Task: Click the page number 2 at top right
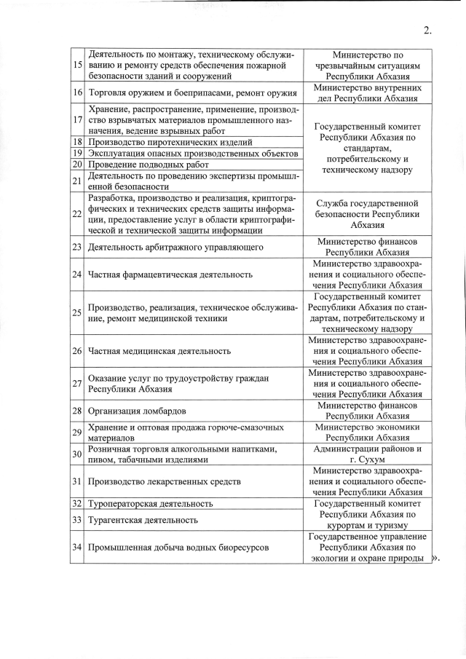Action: pos(427,30)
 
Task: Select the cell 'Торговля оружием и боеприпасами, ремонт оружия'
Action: pos(192,93)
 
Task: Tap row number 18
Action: pos(77,142)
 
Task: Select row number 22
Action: pos(77,214)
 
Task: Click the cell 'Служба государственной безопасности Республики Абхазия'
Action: pos(368,214)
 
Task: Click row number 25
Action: pos(77,312)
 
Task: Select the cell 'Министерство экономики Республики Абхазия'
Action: pos(368,433)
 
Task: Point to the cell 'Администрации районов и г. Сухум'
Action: pos(368,454)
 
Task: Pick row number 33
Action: pos(77,519)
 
